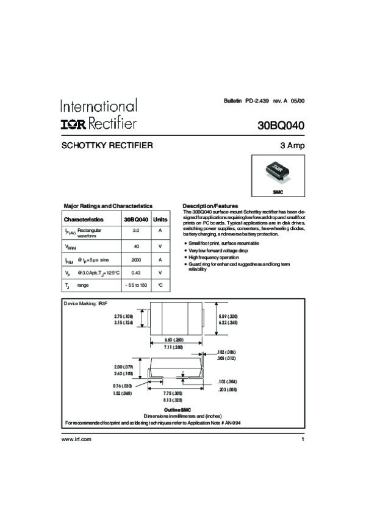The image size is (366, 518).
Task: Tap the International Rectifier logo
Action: [x=98, y=114]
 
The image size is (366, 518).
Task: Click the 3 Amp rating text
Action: [x=292, y=146]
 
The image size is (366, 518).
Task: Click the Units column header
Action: [x=160, y=219]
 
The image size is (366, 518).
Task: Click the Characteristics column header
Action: [x=84, y=219]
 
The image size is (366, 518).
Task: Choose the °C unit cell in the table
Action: [x=160, y=285]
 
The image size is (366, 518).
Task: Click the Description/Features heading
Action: [x=210, y=206]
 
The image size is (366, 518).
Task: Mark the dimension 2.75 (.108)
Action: [x=123, y=316]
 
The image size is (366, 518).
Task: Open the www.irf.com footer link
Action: [x=76, y=439]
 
